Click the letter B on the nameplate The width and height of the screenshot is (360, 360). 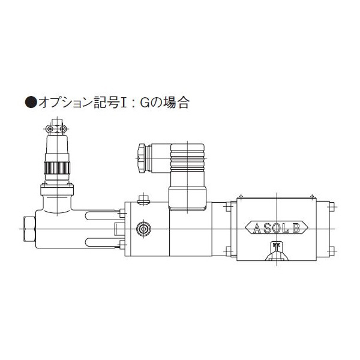point(296,227)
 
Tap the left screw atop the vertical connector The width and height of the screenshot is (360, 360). point(49,127)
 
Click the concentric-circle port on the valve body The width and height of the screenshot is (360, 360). point(143,228)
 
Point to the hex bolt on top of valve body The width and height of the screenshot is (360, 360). point(143,200)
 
